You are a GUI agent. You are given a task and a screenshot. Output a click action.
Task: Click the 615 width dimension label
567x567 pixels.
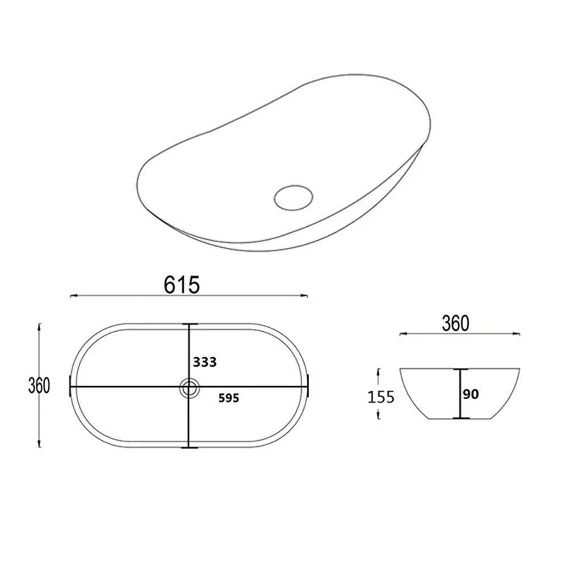[181, 285]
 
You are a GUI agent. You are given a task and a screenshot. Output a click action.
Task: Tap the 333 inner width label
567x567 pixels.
[205, 362]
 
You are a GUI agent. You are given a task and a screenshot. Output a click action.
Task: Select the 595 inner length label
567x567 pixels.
[229, 398]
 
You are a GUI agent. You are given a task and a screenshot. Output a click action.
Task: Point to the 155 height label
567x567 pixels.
[381, 397]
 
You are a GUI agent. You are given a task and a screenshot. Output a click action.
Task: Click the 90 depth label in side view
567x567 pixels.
[471, 394]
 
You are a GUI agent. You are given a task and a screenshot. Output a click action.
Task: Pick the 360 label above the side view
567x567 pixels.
[456, 323]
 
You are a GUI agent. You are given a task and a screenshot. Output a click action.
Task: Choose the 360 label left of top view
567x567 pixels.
[39, 386]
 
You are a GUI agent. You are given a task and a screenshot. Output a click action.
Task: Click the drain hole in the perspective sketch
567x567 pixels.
[294, 198]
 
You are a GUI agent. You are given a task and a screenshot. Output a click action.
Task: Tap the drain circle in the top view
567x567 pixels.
[189, 388]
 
